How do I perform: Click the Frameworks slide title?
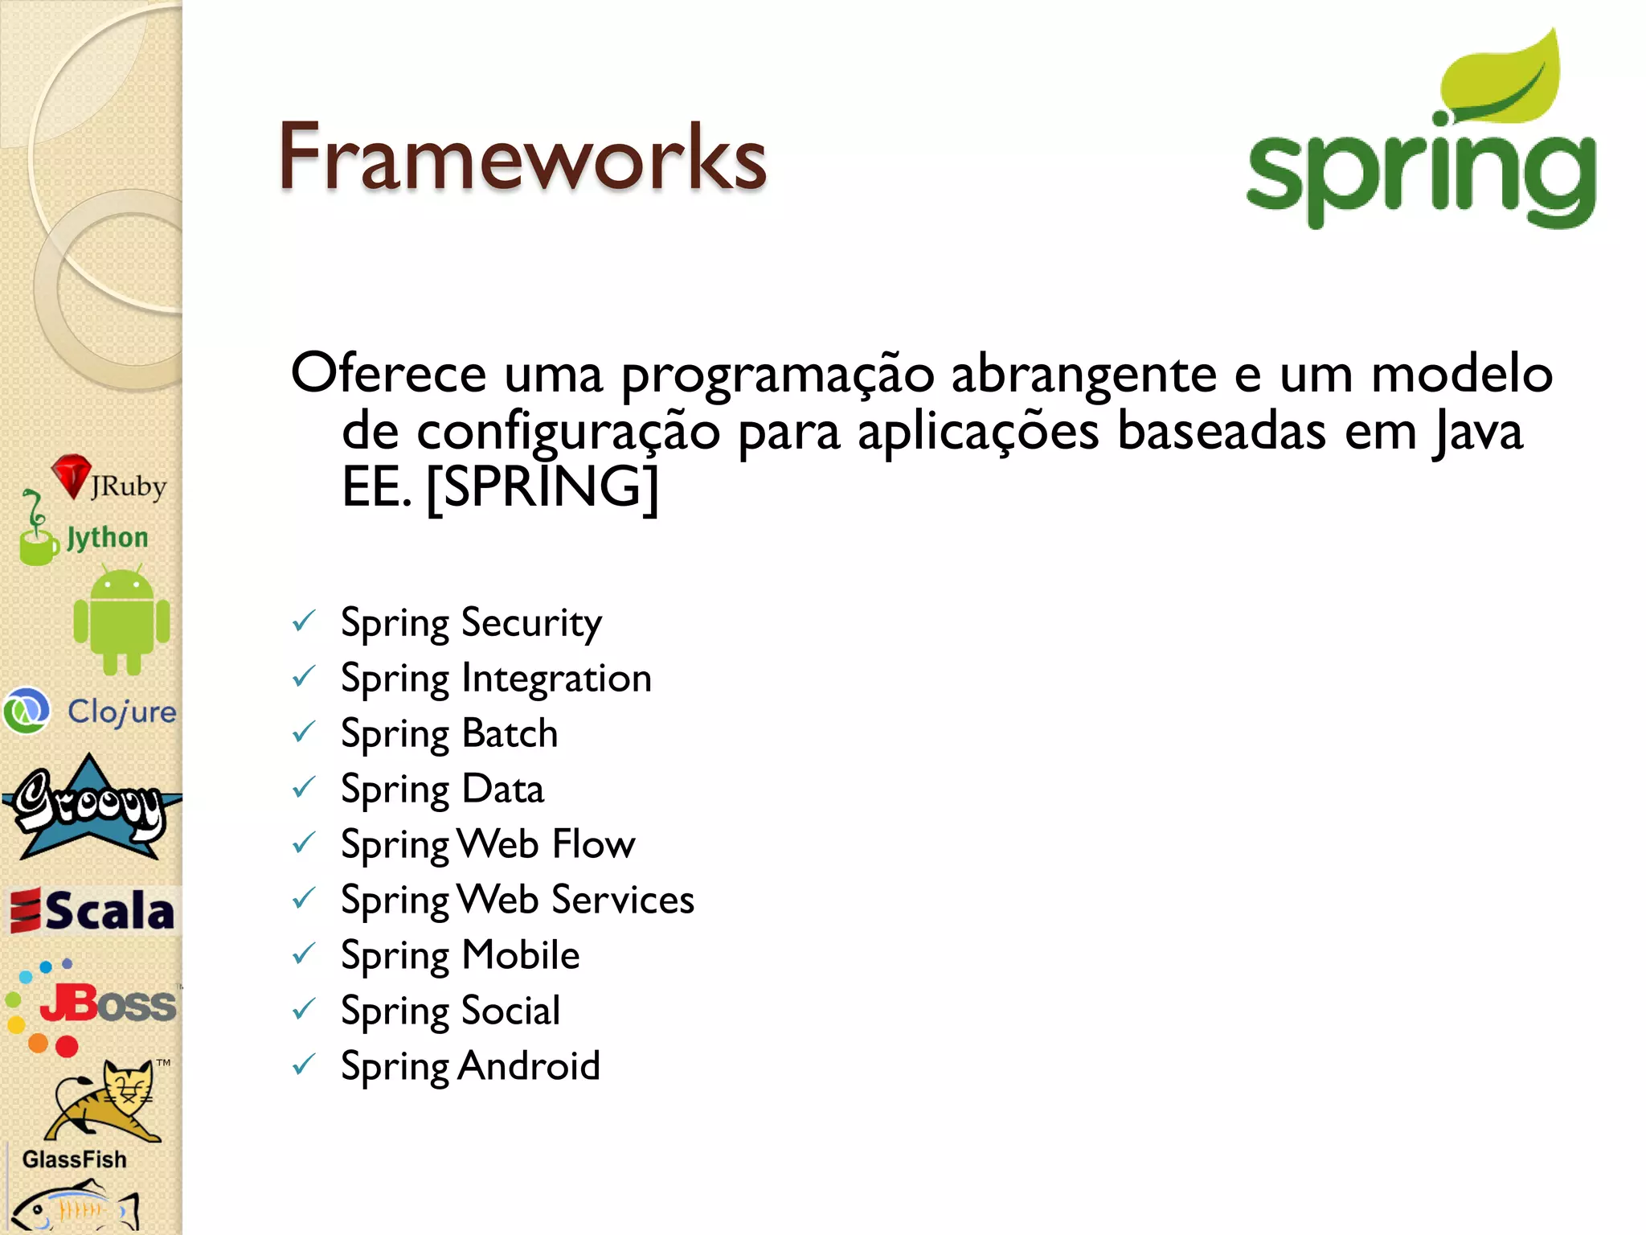pyautogui.click(x=522, y=157)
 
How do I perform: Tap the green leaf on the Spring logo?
pyautogui.click(x=1503, y=80)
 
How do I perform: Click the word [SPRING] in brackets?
pyautogui.click(x=542, y=486)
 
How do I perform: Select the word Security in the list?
pyautogui.click(x=531, y=623)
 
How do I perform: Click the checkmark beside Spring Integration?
pyautogui.click(x=304, y=677)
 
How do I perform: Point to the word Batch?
pyautogui.click(x=510, y=733)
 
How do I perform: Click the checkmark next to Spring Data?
pyautogui.click(x=304, y=788)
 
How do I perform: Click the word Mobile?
pyautogui.click(x=521, y=955)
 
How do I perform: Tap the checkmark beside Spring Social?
pyautogui.click(x=304, y=1010)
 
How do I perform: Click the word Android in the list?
pyautogui.click(x=530, y=1066)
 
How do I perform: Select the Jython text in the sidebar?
pyautogui.click(x=107, y=537)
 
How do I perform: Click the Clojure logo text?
pyautogui.click(x=121, y=712)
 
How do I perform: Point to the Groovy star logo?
pyautogui.click(x=88, y=808)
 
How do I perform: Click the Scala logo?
pyautogui.click(x=92, y=911)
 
